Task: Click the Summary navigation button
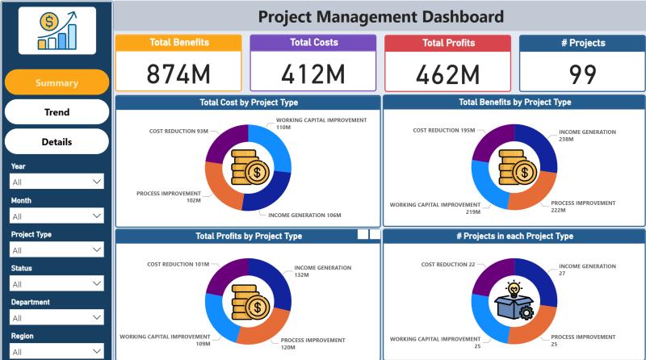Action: click(57, 82)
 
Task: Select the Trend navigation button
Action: click(57, 112)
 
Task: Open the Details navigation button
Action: click(57, 142)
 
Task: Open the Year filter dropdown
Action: click(57, 182)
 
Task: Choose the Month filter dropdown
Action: click(57, 216)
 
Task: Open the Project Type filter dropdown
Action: click(57, 250)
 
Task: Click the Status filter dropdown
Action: click(57, 284)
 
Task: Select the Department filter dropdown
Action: click(57, 318)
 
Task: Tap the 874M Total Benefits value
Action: click(178, 74)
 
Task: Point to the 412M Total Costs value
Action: click(313, 74)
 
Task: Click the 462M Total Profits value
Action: click(447, 74)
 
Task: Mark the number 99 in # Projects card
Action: click(582, 74)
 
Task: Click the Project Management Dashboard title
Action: click(380, 16)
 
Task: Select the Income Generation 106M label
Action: click(304, 216)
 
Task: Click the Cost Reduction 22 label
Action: click(448, 264)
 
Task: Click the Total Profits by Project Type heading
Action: click(249, 237)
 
